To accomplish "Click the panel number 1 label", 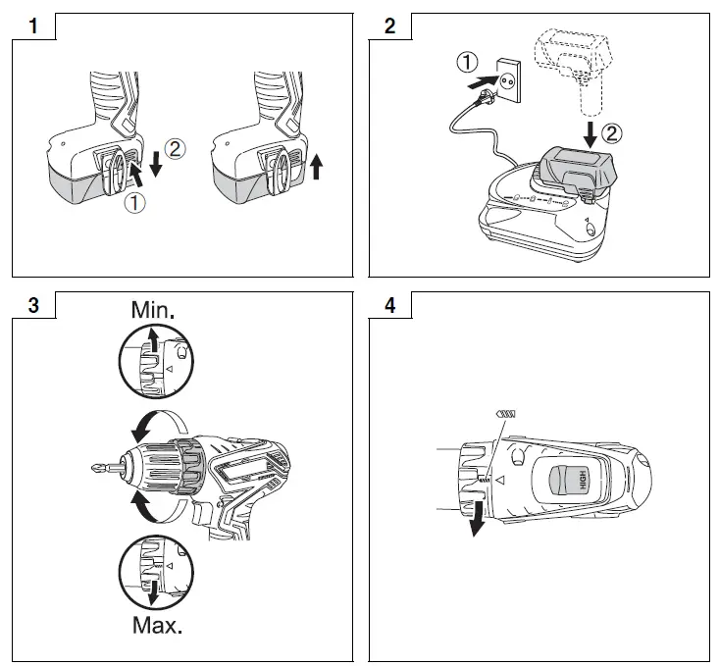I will pos(34,26).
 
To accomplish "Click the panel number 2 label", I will pos(390,26).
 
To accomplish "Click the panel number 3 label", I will pos(34,304).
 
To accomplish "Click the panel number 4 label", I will pos(390,304).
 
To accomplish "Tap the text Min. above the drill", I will pos(153,311).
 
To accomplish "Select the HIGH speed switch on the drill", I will pos(572,481).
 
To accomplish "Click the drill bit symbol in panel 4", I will pos(506,416).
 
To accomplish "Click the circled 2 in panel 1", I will pos(173,148).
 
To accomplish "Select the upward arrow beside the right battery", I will pos(316,169).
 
